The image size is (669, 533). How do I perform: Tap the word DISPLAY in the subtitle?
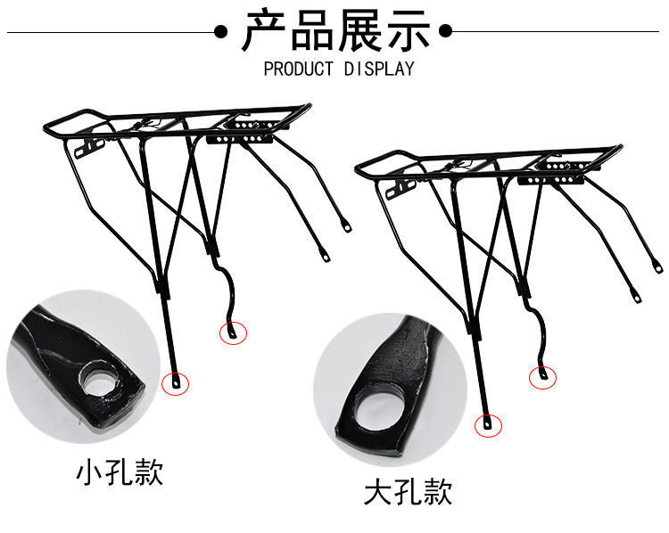[380, 70]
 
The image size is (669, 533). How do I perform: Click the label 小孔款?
[119, 471]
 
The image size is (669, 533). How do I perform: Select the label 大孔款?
[408, 491]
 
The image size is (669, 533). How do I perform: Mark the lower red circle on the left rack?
[176, 382]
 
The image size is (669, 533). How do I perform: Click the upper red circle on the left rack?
[234, 332]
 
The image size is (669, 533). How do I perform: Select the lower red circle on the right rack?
[490, 426]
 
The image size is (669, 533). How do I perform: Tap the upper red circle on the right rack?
[543, 377]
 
